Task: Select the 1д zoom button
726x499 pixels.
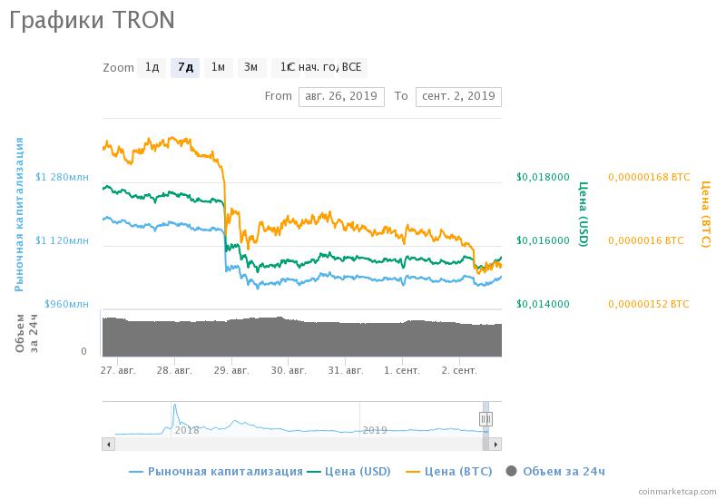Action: click(152, 67)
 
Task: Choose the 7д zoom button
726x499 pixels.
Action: click(185, 67)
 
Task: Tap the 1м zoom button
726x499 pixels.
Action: click(218, 67)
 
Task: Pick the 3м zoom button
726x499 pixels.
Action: click(250, 67)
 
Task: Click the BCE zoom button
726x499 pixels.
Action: click(352, 67)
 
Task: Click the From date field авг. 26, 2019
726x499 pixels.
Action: click(341, 96)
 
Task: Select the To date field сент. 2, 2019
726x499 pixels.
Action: click(458, 96)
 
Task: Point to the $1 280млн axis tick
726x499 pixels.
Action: click(62, 178)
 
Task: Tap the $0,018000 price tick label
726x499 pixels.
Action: click(543, 178)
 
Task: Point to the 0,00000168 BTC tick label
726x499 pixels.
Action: click(649, 178)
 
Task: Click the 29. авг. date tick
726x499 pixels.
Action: click(231, 370)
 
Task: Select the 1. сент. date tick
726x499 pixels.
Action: click(401, 370)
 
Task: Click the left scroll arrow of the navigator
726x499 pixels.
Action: click(108, 444)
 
